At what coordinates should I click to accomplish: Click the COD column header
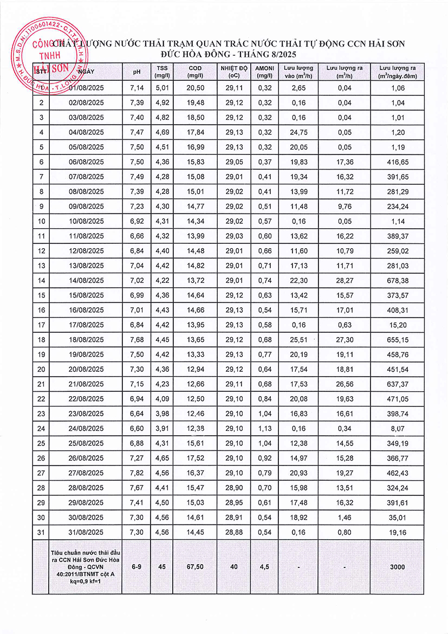click(x=195, y=72)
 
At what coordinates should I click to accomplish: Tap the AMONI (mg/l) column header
click(x=265, y=72)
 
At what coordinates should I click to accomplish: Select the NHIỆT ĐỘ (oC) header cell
click(x=233, y=72)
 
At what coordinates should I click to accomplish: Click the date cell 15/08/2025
click(x=86, y=310)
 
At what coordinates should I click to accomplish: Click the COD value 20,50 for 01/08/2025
click(x=195, y=88)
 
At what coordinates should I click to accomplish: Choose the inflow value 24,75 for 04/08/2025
click(x=299, y=132)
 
